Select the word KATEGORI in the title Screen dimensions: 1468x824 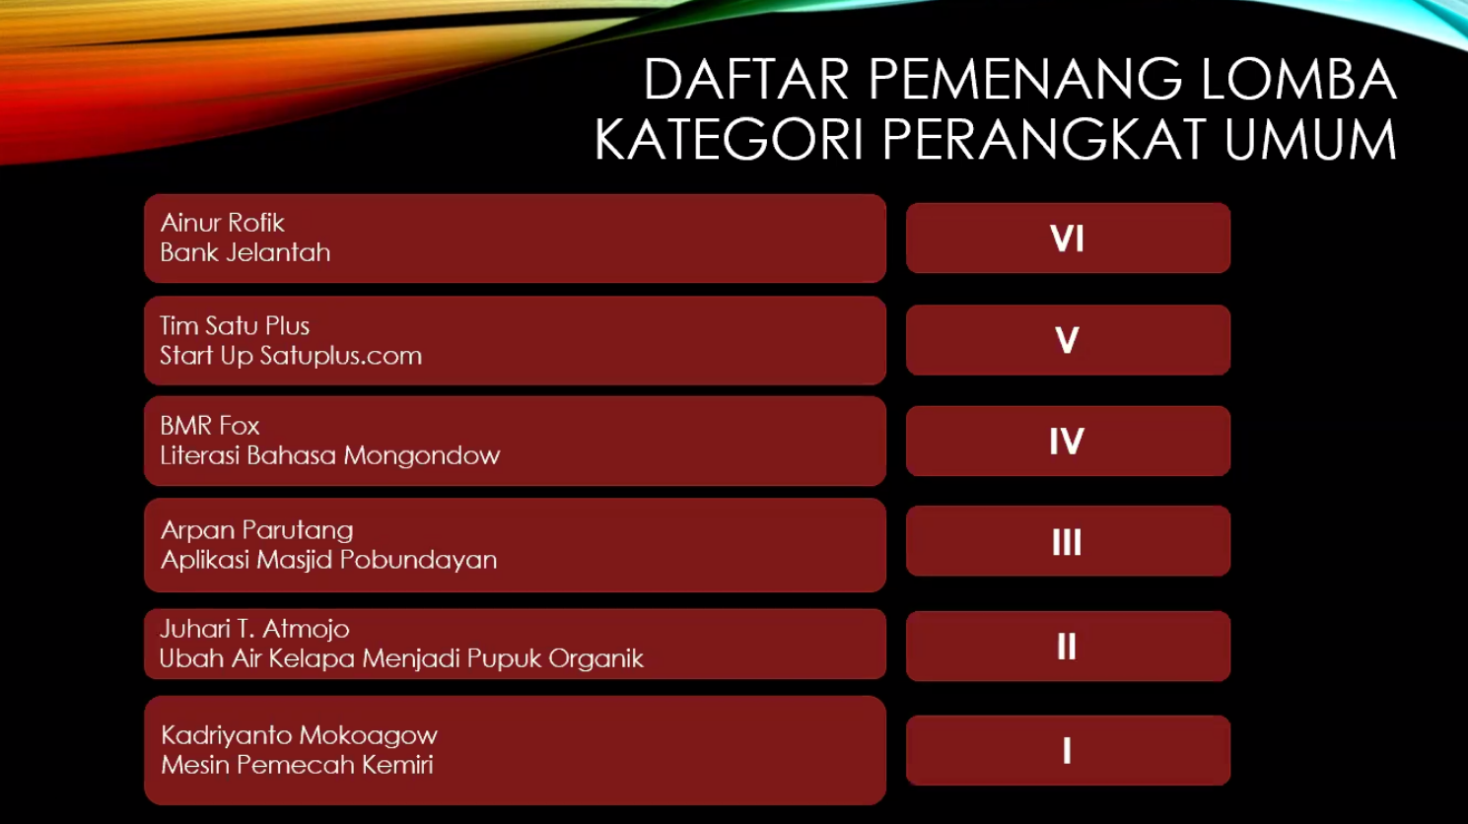click(x=729, y=139)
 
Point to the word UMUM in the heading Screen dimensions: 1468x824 click(x=1310, y=139)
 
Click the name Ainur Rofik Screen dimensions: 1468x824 click(x=222, y=223)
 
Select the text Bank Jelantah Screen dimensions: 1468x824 click(x=245, y=252)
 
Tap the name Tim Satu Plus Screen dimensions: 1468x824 click(x=235, y=325)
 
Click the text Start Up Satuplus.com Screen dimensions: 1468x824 click(x=291, y=356)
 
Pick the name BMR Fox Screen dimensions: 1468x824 click(x=210, y=426)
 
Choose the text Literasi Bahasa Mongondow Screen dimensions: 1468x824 click(x=330, y=455)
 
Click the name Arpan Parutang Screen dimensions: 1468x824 click(x=257, y=530)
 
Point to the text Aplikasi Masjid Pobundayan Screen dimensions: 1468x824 click(x=329, y=560)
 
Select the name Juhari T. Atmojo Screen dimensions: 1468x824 click(x=255, y=629)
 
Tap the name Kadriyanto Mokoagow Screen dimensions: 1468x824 click(x=300, y=735)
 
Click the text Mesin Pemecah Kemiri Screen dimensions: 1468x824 click(x=298, y=765)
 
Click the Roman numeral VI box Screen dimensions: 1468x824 click(x=1069, y=238)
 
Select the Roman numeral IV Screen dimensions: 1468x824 click(x=1067, y=441)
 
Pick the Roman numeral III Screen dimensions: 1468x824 click(x=1067, y=542)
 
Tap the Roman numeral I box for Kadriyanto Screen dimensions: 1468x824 click(x=1069, y=750)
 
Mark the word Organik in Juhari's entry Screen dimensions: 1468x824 click(x=595, y=658)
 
